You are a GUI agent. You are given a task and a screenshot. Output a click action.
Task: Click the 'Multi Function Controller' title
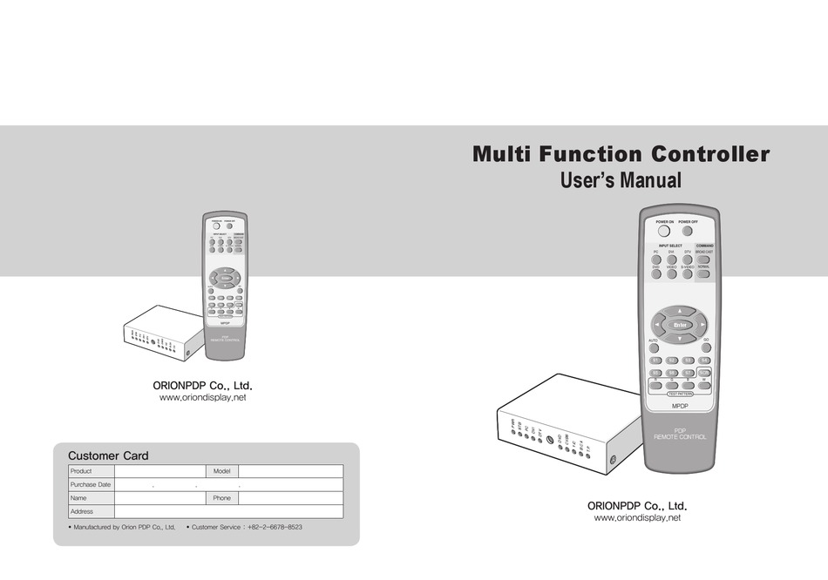click(x=621, y=155)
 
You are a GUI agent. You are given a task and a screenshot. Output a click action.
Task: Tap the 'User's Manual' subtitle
click(x=620, y=181)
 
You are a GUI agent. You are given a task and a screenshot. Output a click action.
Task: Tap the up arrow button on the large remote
click(x=681, y=310)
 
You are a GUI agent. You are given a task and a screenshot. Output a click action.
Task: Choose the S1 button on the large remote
click(x=656, y=360)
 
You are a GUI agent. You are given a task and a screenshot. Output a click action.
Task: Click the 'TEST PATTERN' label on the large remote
click(x=680, y=394)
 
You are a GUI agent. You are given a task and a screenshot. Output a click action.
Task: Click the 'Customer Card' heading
click(x=108, y=455)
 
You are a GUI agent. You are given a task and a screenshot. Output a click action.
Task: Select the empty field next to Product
click(x=159, y=470)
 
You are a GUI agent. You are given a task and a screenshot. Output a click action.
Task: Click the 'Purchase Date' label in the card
click(x=91, y=484)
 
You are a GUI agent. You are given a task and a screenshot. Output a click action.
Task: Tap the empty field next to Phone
click(x=289, y=498)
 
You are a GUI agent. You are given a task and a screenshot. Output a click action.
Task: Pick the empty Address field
click(x=228, y=512)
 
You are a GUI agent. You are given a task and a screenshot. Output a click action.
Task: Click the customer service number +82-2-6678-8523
click(x=275, y=527)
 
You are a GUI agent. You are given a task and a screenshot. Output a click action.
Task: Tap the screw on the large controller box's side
click(x=614, y=459)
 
